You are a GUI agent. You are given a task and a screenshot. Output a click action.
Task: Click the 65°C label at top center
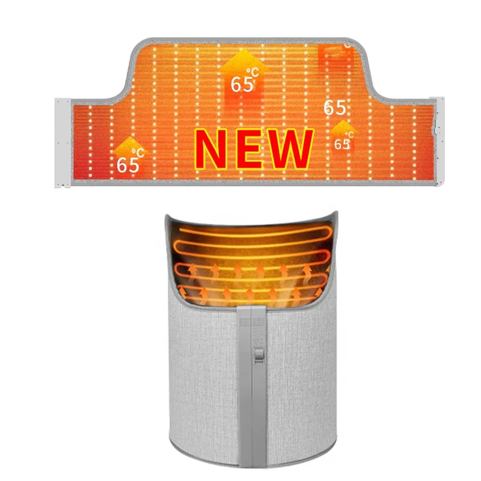click(x=244, y=84)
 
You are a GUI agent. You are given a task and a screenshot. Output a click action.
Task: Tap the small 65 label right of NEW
click(x=342, y=144)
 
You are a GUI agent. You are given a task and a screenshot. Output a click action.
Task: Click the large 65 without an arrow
click(x=335, y=108)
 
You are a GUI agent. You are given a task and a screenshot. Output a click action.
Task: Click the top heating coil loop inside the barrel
click(x=253, y=231)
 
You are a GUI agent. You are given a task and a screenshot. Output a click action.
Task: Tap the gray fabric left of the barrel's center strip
click(x=198, y=373)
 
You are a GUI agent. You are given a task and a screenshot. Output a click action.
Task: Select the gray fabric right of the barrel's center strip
click(x=307, y=373)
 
